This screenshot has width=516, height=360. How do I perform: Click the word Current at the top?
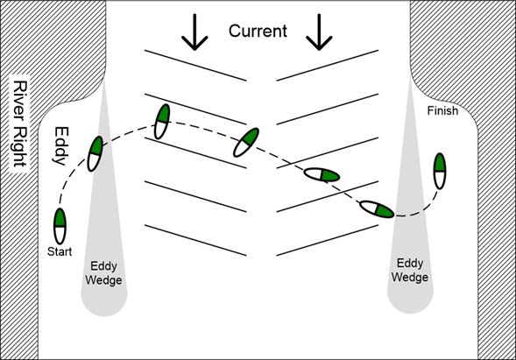(x=258, y=31)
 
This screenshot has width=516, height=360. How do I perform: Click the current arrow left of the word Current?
(x=194, y=32)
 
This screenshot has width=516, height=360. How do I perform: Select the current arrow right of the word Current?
(x=319, y=32)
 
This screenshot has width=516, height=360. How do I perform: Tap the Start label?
(x=60, y=251)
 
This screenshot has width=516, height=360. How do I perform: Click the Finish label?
(x=442, y=111)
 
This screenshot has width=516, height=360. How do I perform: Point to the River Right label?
(x=20, y=124)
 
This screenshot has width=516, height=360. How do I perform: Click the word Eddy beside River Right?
(x=61, y=145)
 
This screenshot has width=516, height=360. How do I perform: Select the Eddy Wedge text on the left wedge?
(x=103, y=273)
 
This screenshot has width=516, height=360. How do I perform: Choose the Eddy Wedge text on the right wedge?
(x=410, y=270)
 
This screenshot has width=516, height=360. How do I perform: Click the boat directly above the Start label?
(x=60, y=226)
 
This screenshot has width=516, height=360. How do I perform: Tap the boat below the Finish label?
(x=440, y=171)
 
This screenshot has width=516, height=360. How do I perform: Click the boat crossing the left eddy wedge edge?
(x=95, y=153)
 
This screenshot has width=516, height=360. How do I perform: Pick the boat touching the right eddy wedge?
(x=377, y=209)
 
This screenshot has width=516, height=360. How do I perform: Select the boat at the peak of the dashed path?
(x=162, y=122)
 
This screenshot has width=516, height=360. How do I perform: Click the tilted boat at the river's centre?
(x=246, y=142)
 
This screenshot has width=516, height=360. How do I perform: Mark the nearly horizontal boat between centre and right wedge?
(x=322, y=174)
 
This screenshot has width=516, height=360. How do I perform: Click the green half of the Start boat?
(x=60, y=217)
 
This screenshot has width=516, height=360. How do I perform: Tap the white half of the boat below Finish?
(x=440, y=180)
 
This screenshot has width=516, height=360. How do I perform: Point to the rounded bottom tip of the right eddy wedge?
(x=410, y=313)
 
